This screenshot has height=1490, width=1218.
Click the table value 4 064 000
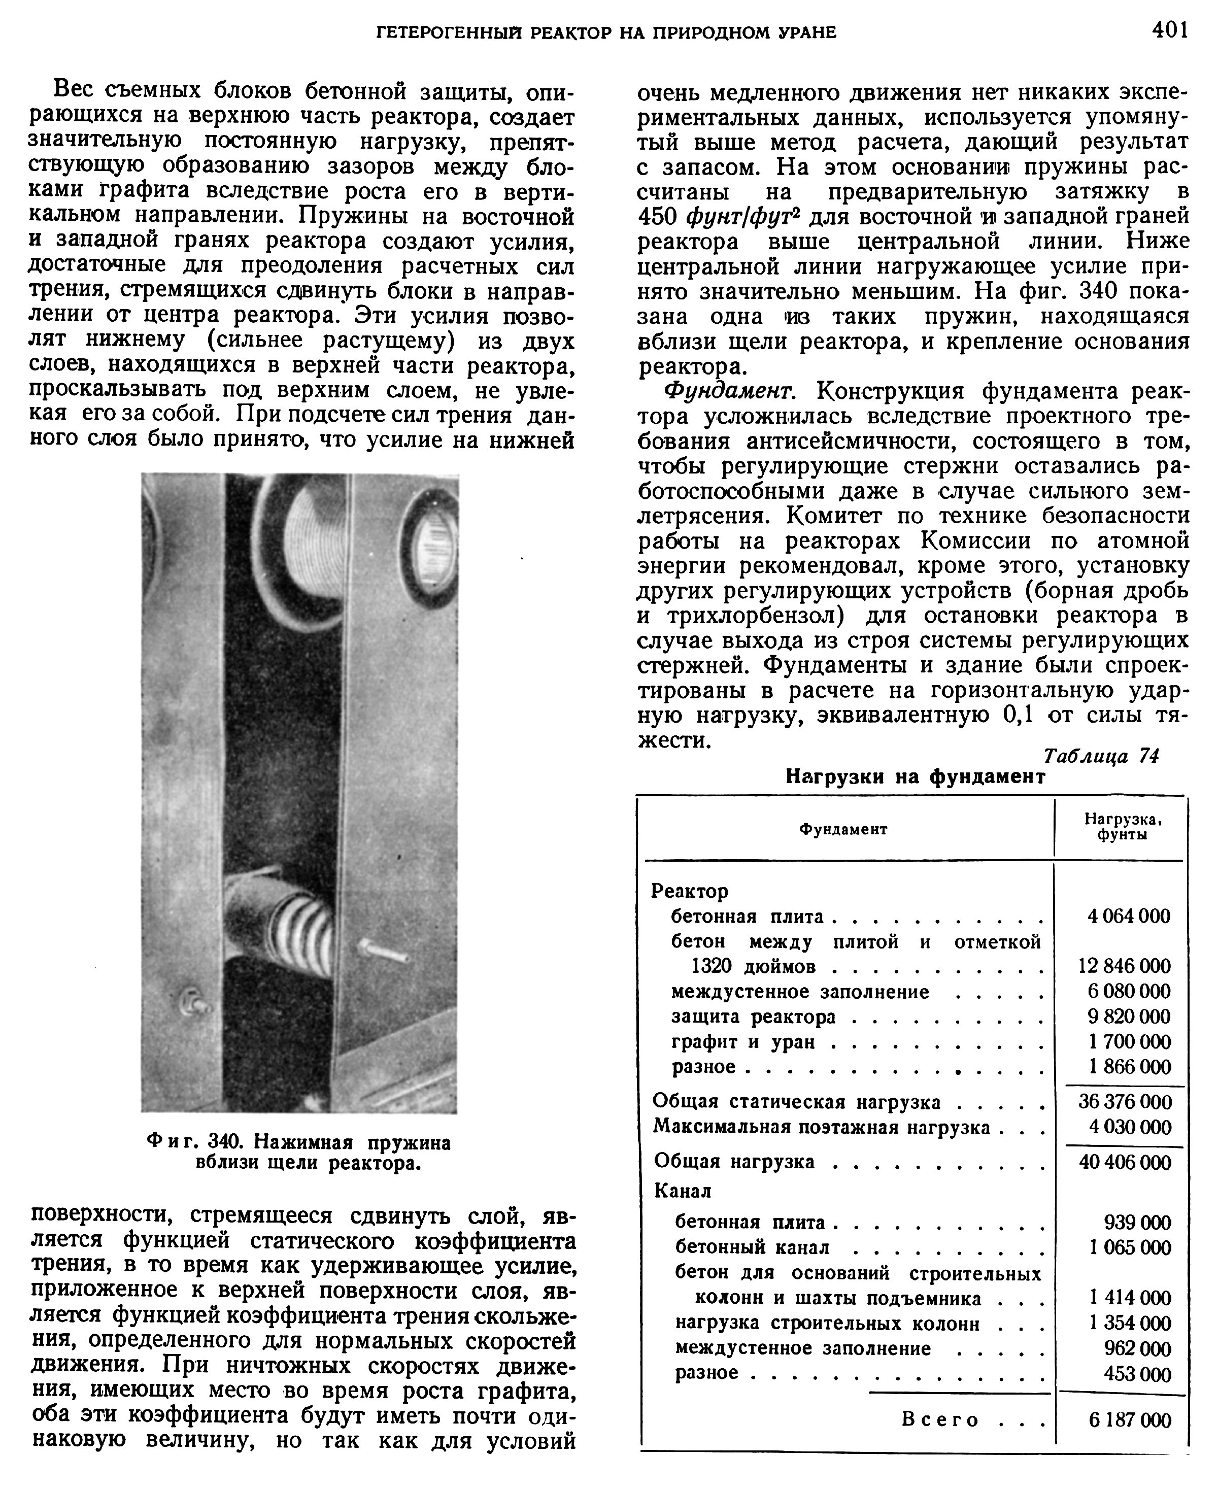point(1128,916)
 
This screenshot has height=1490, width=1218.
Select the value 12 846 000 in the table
point(1124,966)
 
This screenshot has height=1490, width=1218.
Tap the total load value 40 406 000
point(1125,1162)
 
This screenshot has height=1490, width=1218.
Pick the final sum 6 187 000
point(1130,1420)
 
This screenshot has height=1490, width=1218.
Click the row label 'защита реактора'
point(754,1017)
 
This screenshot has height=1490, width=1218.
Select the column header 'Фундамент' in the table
point(843,829)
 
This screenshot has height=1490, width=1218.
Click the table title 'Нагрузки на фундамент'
point(915,776)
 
